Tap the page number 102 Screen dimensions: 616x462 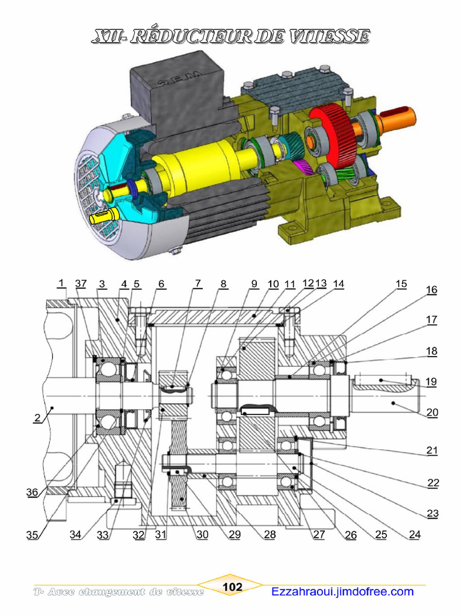coord(232,587)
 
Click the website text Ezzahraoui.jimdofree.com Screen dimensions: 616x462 coord(342,591)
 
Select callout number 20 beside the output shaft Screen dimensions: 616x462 coord(432,413)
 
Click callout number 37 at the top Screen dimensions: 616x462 coord(81,284)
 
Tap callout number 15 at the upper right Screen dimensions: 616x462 coord(401,284)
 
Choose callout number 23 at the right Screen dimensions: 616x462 coord(432,513)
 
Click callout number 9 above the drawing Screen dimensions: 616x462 coord(254,284)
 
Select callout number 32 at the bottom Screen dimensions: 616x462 coord(140,534)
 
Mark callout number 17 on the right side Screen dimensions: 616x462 coord(432,320)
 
